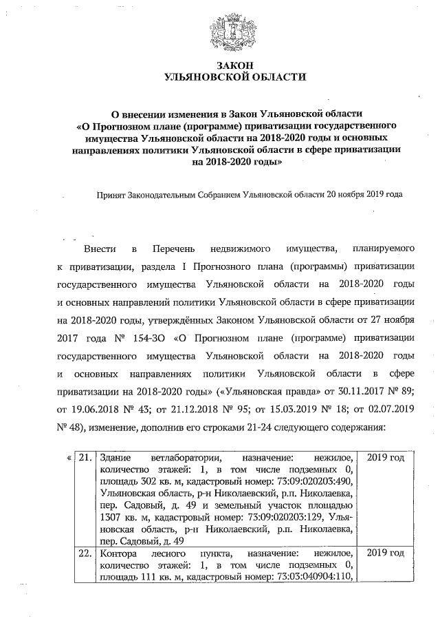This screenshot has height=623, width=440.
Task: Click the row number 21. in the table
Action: click(84, 458)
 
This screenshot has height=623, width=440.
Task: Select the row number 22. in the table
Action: click(84, 553)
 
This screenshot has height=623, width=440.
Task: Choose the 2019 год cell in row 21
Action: click(386, 458)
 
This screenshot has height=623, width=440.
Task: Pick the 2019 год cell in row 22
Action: click(386, 553)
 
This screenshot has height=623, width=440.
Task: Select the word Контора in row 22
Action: click(118, 553)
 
